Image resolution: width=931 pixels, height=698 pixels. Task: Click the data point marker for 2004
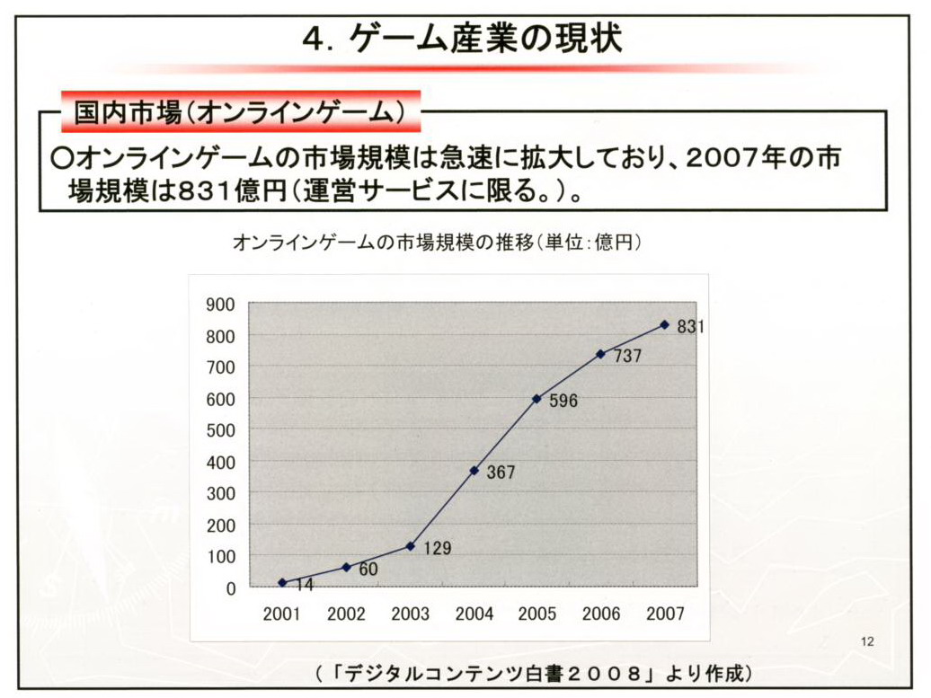tap(474, 471)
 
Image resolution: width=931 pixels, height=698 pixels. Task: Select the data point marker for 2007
tap(665, 324)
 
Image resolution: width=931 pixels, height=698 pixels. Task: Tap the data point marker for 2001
tap(282, 583)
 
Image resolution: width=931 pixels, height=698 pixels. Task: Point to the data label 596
tap(563, 401)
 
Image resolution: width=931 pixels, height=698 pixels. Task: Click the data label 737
tap(627, 356)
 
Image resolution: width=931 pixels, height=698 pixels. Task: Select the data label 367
tap(501, 473)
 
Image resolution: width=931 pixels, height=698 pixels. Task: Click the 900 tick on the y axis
tap(220, 304)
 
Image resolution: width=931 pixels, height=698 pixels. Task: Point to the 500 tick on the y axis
tap(220, 430)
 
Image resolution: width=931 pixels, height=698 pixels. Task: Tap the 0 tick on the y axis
tap(231, 588)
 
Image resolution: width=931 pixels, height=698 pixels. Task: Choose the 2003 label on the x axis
tap(410, 614)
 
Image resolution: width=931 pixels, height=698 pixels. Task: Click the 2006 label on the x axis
tap(601, 614)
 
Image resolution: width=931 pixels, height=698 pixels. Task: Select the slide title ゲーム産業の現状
tap(462, 40)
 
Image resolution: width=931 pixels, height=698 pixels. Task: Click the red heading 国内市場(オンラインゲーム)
tap(241, 112)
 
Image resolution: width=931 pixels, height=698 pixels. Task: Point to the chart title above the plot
tap(436, 243)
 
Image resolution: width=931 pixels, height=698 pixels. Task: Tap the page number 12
tap(866, 641)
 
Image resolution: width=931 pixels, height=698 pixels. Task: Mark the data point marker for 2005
tap(537, 398)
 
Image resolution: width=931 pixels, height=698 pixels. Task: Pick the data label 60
tap(368, 569)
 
